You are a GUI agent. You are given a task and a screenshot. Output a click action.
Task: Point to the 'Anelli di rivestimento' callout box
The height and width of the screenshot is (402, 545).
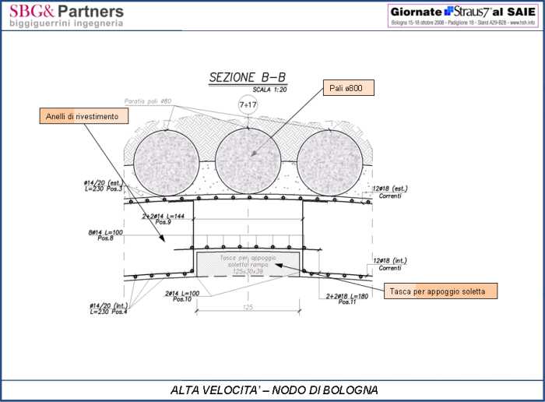pyautogui.click(x=83, y=116)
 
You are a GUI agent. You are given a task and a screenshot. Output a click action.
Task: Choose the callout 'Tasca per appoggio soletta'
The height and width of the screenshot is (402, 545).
pyautogui.click(x=441, y=291)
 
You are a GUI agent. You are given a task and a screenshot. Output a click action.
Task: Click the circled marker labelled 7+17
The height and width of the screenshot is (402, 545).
pyautogui.click(x=248, y=104)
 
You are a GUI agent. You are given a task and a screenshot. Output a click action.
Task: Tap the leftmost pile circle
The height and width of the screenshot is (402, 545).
pyautogui.click(x=166, y=162)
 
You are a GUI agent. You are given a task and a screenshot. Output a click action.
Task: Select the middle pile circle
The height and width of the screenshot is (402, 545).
pyautogui.click(x=248, y=162)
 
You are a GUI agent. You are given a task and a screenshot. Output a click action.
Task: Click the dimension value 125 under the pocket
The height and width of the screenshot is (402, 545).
pyautogui.click(x=248, y=307)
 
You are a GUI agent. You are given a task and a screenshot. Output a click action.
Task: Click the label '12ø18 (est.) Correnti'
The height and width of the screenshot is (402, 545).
pyautogui.click(x=390, y=191)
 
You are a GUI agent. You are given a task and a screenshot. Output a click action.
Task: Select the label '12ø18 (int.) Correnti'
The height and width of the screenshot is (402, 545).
pyautogui.click(x=390, y=263)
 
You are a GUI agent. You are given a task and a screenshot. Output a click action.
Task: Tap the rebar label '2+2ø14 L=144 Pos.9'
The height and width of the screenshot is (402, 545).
pyautogui.click(x=164, y=219)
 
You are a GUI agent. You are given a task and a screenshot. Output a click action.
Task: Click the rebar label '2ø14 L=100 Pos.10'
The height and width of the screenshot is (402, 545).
pyautogui.click(x=183, y=297)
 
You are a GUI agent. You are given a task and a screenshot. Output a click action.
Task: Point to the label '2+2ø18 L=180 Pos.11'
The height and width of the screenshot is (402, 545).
pyautogui.click(x=347, y=298)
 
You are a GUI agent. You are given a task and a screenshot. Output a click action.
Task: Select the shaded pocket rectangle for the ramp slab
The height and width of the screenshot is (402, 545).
pyautogui.click(x=248, y=263)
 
